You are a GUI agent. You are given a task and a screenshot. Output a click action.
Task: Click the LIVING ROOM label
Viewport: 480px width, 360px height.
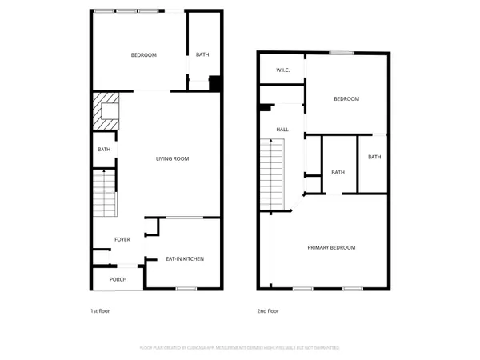point(172,159)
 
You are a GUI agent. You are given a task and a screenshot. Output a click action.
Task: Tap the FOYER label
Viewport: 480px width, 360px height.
point(122,239)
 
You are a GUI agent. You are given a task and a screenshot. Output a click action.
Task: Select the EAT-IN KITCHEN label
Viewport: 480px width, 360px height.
point(185,259)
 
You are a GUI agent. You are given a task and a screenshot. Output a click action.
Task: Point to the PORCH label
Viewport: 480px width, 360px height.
point(118,279)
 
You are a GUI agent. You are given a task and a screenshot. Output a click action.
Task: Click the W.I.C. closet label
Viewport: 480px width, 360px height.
point(282,70)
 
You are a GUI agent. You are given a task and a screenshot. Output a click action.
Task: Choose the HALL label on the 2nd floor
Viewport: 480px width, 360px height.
point(282,130)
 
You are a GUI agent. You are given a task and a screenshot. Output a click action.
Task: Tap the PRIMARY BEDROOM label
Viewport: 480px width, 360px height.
point(331,248)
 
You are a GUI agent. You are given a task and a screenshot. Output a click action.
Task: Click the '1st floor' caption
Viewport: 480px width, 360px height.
point(99,310)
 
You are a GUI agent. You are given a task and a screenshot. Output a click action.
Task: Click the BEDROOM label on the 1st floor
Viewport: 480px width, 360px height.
point(144,54)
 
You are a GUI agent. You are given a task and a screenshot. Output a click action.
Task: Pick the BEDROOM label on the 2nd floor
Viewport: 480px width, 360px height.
point(346,98)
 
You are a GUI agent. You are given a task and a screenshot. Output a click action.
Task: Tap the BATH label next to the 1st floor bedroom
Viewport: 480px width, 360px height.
point(202,54)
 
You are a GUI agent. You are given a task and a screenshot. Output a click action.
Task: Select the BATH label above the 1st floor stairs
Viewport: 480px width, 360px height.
point(104,150)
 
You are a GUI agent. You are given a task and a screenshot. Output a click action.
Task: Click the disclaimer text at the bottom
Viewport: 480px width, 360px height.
point(240,348)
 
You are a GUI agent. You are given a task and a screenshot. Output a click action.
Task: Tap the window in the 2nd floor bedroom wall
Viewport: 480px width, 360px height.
point(342,53)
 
